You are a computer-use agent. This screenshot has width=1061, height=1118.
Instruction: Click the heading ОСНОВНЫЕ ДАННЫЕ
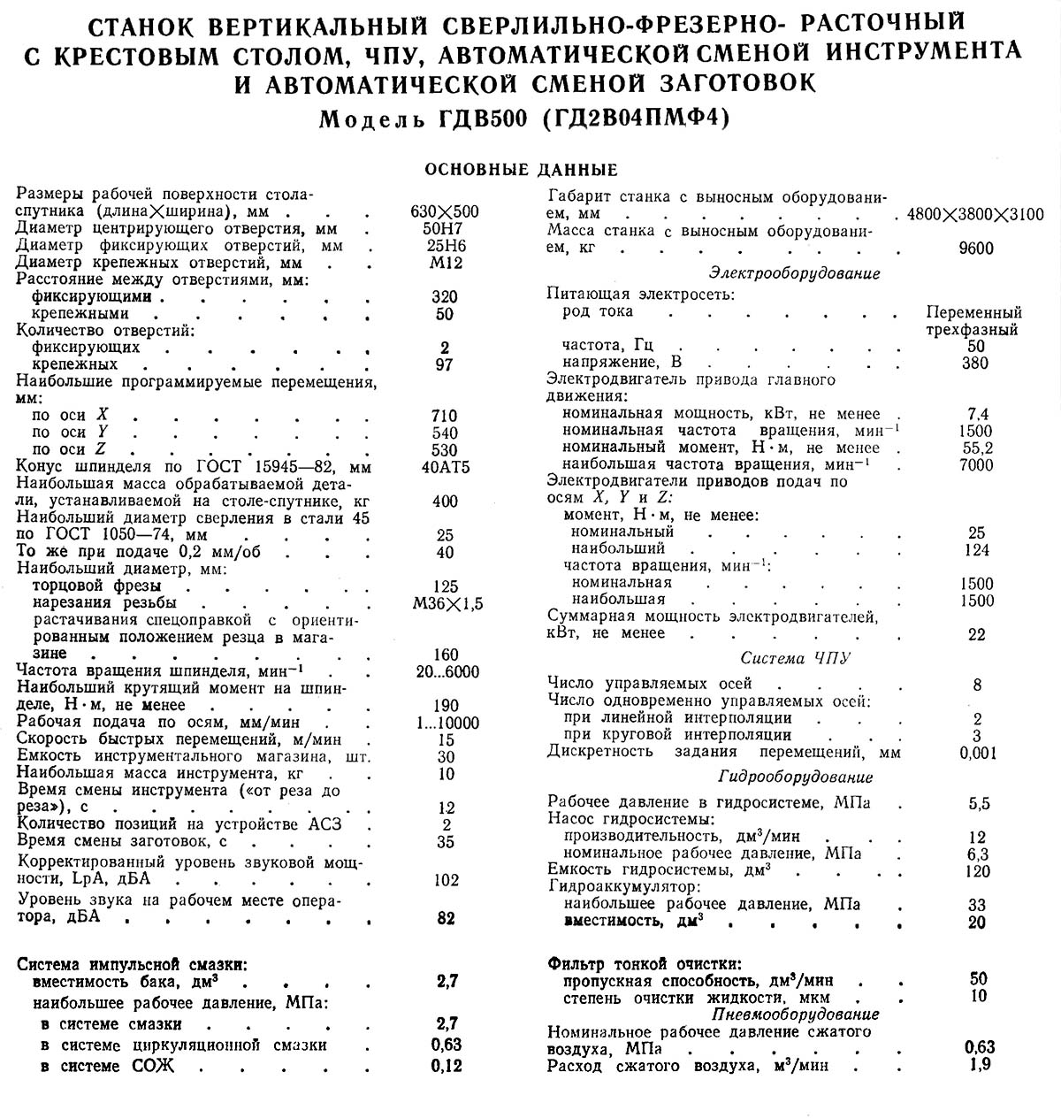click(x=522, y=170)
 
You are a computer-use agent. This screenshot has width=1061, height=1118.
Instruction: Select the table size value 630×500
click(x=446, y=211)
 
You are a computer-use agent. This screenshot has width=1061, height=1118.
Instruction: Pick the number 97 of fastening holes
click(x=446, y=364)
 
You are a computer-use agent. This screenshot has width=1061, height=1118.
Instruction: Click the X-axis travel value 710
click(x=446, y=416)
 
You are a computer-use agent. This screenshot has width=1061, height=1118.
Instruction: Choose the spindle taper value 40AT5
click(x=446, y=467)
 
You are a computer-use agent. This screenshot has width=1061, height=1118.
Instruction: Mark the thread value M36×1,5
click(x=446, y=603)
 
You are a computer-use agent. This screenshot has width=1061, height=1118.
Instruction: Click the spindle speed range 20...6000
click(x=446, y=672)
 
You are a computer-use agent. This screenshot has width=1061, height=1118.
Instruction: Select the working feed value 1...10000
click(x=446, y=723)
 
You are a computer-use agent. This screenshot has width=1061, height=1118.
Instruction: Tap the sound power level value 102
click(x=446, y=880)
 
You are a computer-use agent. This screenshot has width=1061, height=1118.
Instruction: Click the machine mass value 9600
click(x=975, y=249)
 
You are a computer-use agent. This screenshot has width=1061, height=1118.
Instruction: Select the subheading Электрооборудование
click(x=795, y=273)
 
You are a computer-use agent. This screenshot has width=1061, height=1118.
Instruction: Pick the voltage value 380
click(x=975, y=363)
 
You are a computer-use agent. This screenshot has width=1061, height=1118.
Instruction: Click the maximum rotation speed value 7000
click(x=975, y=465)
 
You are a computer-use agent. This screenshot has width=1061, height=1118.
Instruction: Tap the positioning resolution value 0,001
click(x=977, y=753)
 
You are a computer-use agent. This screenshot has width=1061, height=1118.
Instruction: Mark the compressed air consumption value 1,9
click(x=980, y=1065)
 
